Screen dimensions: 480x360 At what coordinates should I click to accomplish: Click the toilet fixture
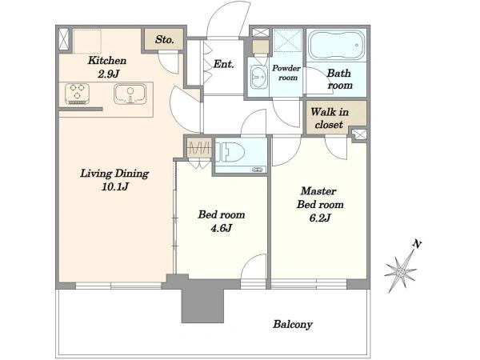click(x=230, y=152)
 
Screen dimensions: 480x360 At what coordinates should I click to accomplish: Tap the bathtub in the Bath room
click(x=336, y=46)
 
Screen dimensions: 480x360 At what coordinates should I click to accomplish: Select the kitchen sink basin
click(x=130, y=94)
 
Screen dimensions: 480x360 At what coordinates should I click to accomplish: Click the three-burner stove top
click(x=77, y=94)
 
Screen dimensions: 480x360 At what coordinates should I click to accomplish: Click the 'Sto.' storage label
click(x=164, y=39)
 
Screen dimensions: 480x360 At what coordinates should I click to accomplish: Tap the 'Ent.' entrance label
click(x=223, y=64)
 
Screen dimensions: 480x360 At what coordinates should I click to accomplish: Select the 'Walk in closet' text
click(x=330, y=118)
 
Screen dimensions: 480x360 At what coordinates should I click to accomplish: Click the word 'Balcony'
click(x=293, y=325)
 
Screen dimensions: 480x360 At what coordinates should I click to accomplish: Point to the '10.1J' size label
click(x=114, y=186)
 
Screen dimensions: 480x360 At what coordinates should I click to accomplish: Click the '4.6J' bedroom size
click(x=222, y=228)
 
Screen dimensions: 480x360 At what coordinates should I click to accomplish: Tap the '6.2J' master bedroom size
click(x=320, y=218)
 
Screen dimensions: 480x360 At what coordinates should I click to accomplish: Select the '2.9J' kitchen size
click(x=108, y=74)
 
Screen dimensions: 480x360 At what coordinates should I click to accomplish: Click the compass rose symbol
click(x=401, y=271)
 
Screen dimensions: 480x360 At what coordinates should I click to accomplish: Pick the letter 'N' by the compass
click(x=417, y=244)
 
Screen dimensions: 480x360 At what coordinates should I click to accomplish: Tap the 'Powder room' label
click(x=286, y=73)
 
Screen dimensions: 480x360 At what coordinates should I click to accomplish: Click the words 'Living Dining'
click(x=114, y=174)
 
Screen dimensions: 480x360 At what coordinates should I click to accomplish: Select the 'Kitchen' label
click(x=107, y=60)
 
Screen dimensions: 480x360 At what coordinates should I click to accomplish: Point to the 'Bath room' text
click(x=339, y=79)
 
